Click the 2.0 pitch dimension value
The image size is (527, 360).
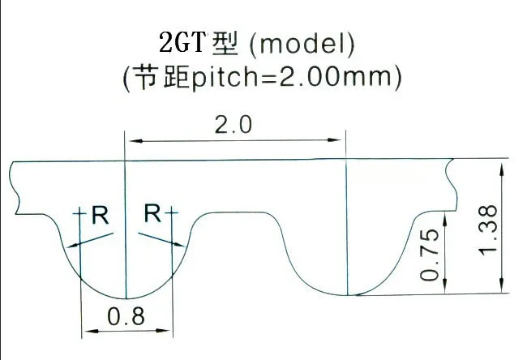point(234,126)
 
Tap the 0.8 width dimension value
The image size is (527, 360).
point(126,317)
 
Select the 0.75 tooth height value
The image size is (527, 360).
point(431,255)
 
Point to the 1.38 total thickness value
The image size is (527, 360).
point(489,229)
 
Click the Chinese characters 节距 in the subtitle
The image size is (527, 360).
point(159,78)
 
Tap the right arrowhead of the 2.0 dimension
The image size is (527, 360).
point(341,140)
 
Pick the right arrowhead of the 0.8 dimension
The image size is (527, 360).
point(169,331)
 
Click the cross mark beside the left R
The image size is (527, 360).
point(80,214)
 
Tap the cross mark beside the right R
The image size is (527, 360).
point(172,213)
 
